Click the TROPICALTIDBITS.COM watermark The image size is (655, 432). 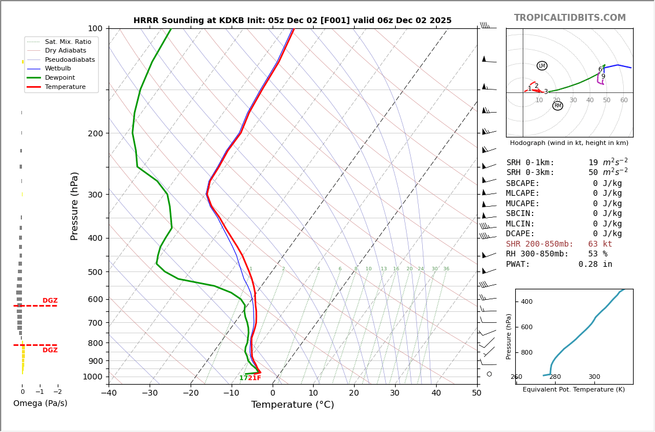pyautogui.click(x=570, y=18)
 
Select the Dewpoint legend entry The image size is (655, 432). pyautogui.click(x=61, y=78)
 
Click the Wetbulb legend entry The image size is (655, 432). pyautogui.click(x=58, y=69)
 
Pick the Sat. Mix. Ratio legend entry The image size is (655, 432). pyautogui.click(x=68, y=42)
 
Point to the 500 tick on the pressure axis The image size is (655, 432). pyautogui.click(x=95, y=272)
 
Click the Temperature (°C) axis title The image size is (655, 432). pyautogui.click(x=292, y=405)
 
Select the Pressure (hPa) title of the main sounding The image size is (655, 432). pyautogui.click(x=75, y=206)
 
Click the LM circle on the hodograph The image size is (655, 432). pyautogui.click(x=542, y=66)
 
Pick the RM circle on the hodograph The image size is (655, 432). pyautogui.click(x=557, y=106)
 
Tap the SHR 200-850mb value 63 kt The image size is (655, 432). pyautogui.click(x=600, y=244)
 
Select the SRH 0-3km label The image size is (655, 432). pyautogui.click(x=530, y=173)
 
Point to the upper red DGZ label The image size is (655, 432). pyautogui.click(x=50, y=301)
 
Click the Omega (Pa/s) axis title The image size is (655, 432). pyautogui.click(x=40, y=404)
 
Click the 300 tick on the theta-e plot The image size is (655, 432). pyautogui.click(x=594, y=377)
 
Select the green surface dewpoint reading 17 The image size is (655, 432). pyautogui.click(x=243, y=378)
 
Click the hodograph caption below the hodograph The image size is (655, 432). pyautogui.click(x=569, y=143)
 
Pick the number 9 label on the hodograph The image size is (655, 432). pyautogui.click(x=603, y=77)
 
